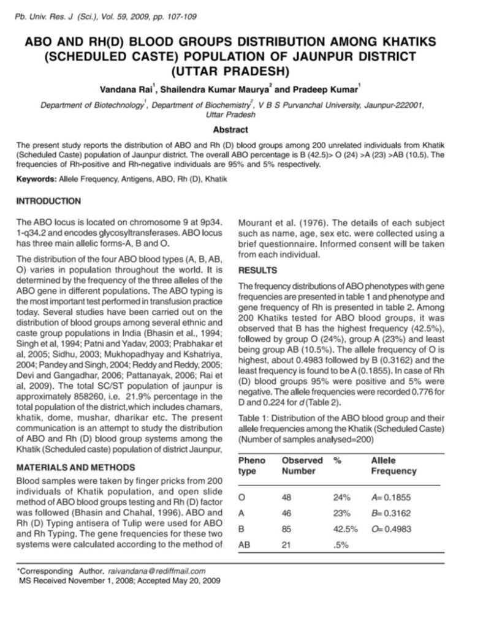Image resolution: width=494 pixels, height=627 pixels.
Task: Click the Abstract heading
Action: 230,130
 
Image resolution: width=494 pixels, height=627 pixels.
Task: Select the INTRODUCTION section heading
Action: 48,201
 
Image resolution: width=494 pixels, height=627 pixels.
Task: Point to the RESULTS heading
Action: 257,270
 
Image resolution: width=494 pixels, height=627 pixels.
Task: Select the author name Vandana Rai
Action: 125,89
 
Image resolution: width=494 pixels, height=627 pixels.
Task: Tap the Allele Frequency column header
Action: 393,465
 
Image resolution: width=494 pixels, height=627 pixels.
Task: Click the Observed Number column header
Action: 302,465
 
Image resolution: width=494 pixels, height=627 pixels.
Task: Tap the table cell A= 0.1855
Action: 391,497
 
